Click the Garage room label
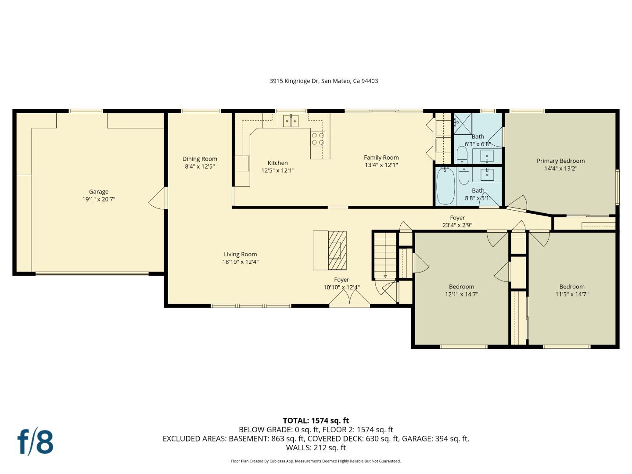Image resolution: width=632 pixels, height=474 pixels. (99, 192)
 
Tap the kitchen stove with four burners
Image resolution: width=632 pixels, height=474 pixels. (318, 139)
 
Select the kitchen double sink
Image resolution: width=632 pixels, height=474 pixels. (291, 120)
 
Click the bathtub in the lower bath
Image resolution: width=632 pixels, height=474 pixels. (445, 187)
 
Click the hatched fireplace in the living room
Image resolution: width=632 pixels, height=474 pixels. (337, 250)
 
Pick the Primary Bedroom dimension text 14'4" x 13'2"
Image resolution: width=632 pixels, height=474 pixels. (560, 168)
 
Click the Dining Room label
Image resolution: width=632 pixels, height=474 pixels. (200, 159)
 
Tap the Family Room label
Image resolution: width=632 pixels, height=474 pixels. (381, 158)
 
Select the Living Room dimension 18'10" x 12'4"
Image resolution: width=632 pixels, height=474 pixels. (240, 262)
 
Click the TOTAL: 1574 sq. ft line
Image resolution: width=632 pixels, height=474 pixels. (316, 420)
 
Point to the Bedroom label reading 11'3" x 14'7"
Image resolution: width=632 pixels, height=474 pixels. (571, 294)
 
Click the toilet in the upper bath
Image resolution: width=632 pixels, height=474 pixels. (462, 155)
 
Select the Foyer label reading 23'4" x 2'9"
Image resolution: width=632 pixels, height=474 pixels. (457, 225)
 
